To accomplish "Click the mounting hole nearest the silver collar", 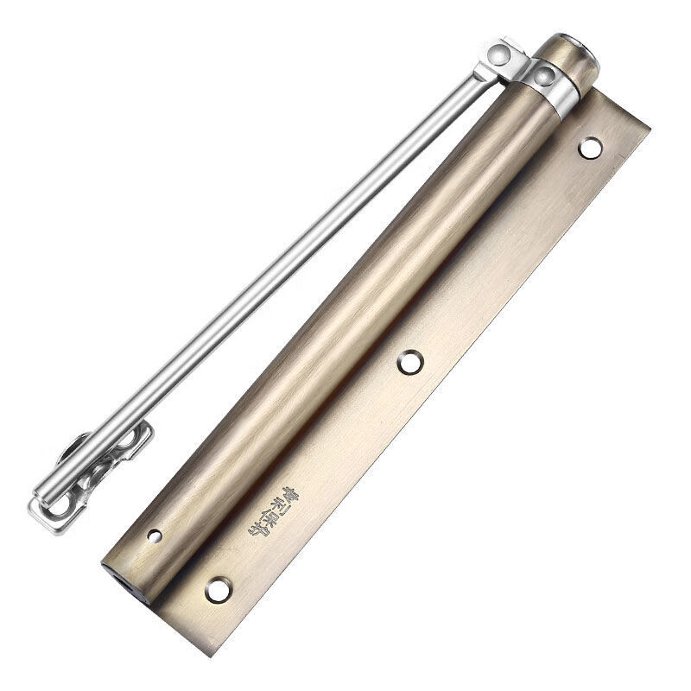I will click(591, 148).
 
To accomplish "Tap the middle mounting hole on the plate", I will click(410, 362).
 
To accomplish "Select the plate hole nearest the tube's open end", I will click(219, 590).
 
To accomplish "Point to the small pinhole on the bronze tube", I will click(155, 536).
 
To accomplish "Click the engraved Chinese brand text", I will click(262, 509).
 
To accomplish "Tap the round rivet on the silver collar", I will click(544, 77).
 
